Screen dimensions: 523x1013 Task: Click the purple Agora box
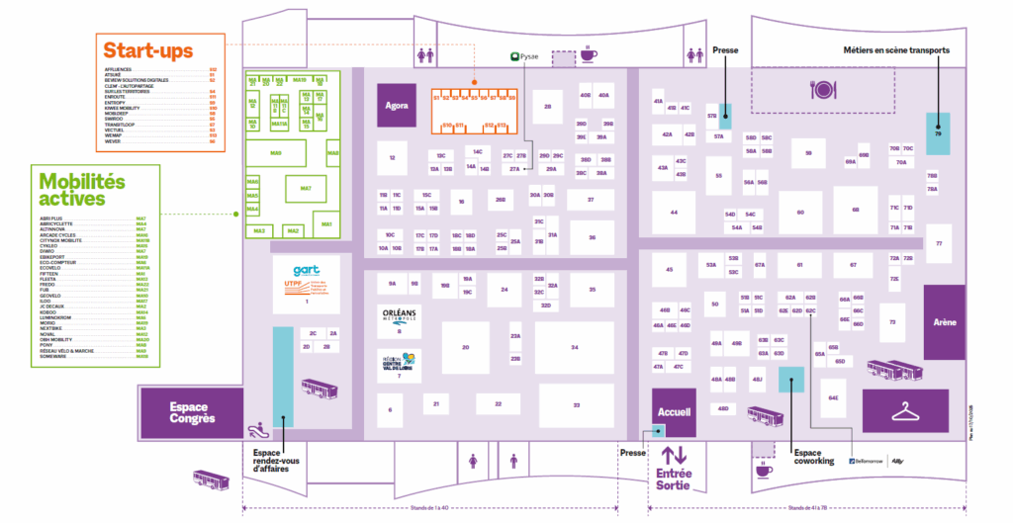(397, 105)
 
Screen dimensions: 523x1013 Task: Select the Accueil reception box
(673, 411)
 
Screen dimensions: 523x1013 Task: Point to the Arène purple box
(944, 322)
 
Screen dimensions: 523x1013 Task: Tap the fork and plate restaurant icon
(823, 91)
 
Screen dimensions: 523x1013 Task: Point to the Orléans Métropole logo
(398, 315)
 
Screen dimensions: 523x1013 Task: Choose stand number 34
(574, 348)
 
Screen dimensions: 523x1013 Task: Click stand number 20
(465, 348)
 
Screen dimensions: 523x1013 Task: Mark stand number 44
(674, 213)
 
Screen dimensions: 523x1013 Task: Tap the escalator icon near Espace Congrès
(258, 428)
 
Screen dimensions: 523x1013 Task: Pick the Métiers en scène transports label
(896, 50)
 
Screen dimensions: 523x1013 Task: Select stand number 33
(574, 405)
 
